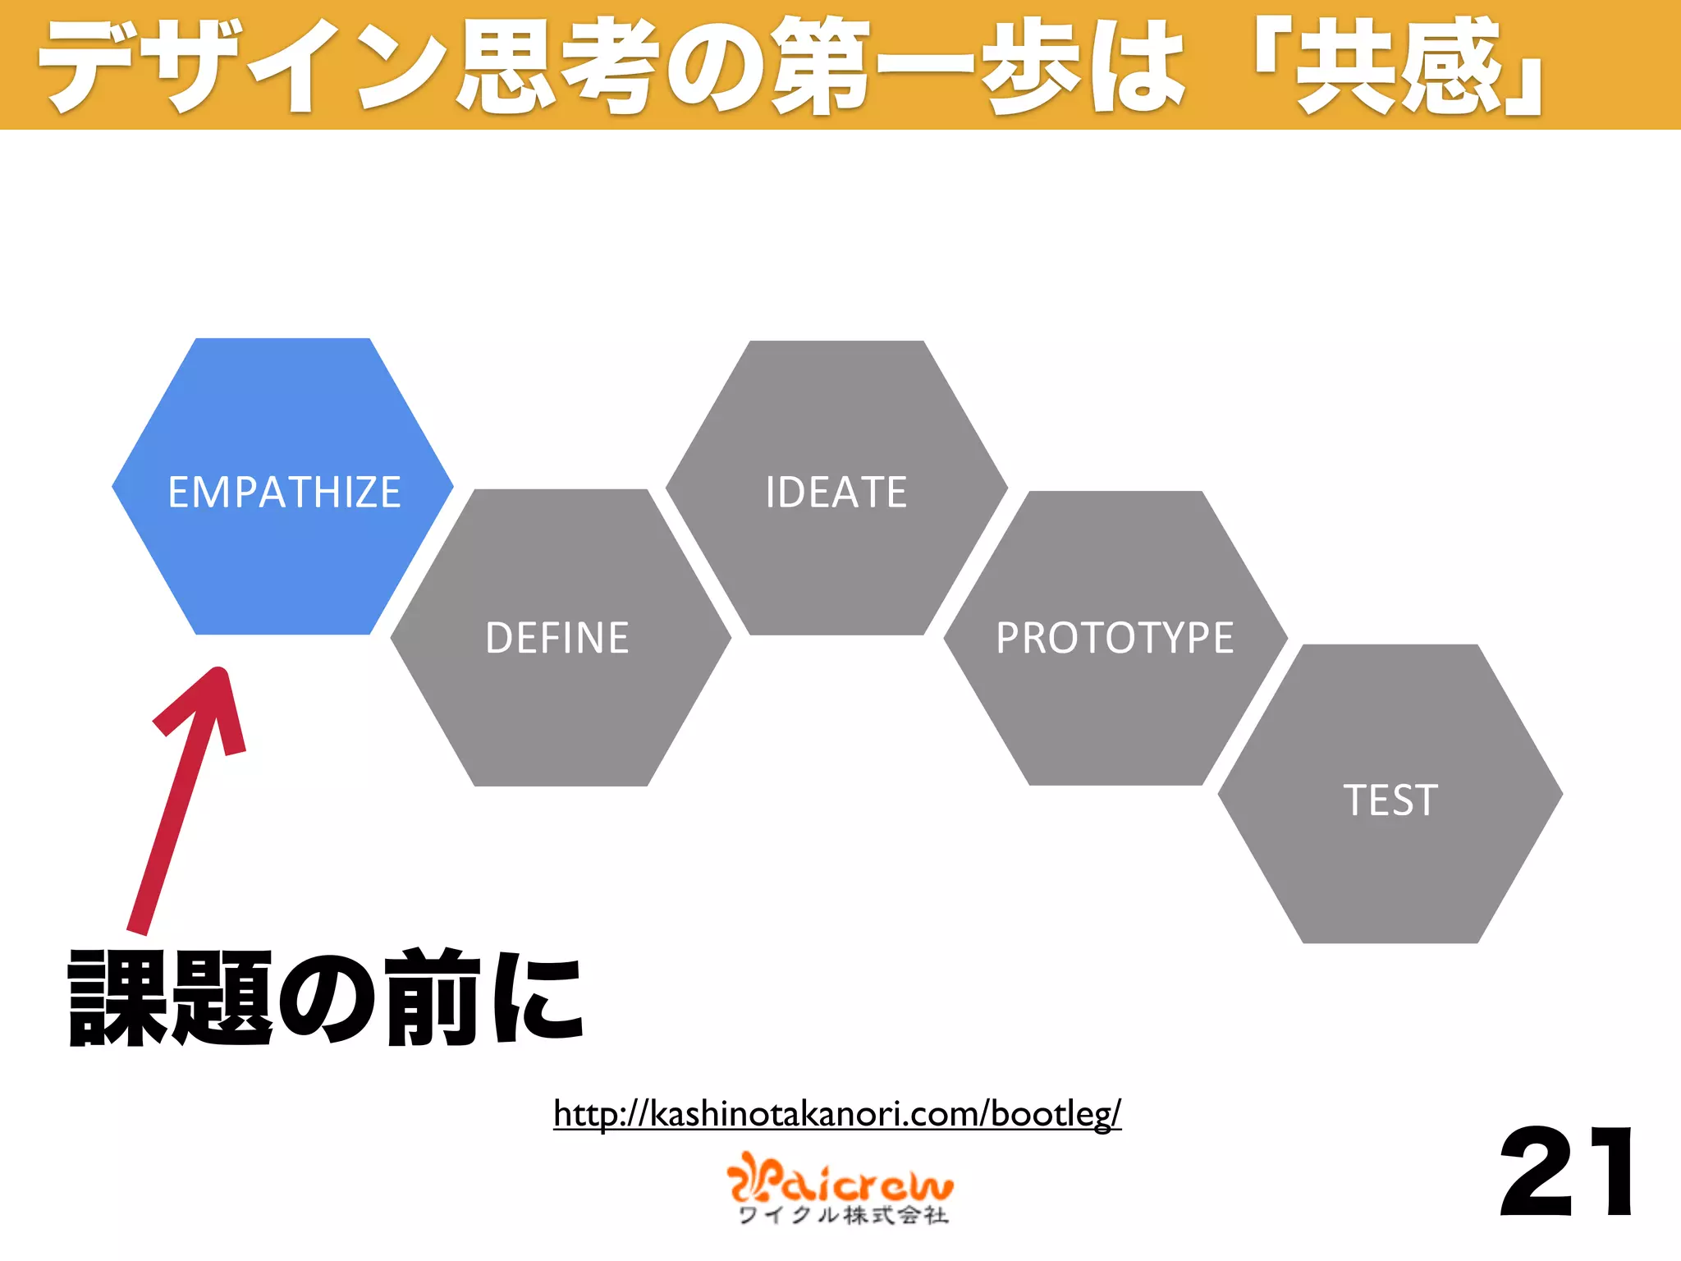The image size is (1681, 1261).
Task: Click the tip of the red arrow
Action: pyautogui.click(x=219, y=673)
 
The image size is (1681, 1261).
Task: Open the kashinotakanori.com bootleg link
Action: pyautogui.click(x=836, y=1114)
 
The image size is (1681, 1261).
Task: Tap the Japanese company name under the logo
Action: pyautogui.click(x=844, y=1216)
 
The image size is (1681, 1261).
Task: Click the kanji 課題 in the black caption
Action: pyautogui.click(x=169, y=998)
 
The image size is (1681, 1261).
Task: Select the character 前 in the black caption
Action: pyautogui.click(x=433, y=998)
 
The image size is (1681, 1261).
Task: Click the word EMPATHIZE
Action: pyautogui.click(x=284, y=493)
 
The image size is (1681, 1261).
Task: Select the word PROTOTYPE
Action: pyautogui.click(x=1115, y=638)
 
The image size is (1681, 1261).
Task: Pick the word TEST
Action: pyautogui.click(x=1390, y=800)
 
